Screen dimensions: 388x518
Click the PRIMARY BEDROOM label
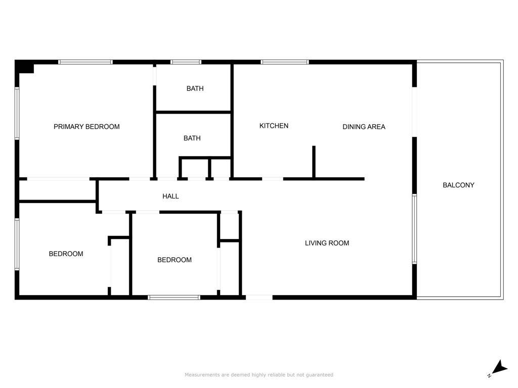pyautogui.click(x=87, y=126)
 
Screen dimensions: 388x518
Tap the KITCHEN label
pyautogui.click(x=274, y=126)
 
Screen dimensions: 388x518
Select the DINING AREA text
pyautogui.click(x=364, y=127)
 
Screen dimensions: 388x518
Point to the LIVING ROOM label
pyautogui.click(x=327, y=243)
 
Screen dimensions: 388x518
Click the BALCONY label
pyautogui.click(x=458, y=185)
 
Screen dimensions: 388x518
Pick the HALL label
pyautogui.click(x=170, y=196)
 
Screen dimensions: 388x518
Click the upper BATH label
pyautogui.click(x=195, y=88)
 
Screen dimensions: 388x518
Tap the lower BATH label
pyautogui.click(x=192, y=138)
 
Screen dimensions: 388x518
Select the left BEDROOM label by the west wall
pyautogui.click(x=66, y=254)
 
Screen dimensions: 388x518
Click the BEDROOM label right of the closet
pyautogui.click(x=175, y=260)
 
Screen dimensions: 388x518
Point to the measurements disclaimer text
pyautogui.click(x=259, y=375)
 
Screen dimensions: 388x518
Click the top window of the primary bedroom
pyautogui.click(x=85, y=62)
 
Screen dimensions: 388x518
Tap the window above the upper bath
pyautogui.click(x=186, y=62)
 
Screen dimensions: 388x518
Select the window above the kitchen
pyautogui.click(x=284, y=62)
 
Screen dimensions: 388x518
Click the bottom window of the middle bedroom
pyautogui.click(x=174, y=297)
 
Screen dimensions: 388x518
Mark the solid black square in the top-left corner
pyautogui.click(x=24, y=67)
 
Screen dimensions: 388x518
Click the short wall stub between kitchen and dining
pyautogui.click(x=314, y=162)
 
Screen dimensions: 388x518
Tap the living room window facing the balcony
pyautogui.click(x=414, y=229)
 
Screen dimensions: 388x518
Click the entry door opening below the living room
pyautogui.click(x=258, y=297)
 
